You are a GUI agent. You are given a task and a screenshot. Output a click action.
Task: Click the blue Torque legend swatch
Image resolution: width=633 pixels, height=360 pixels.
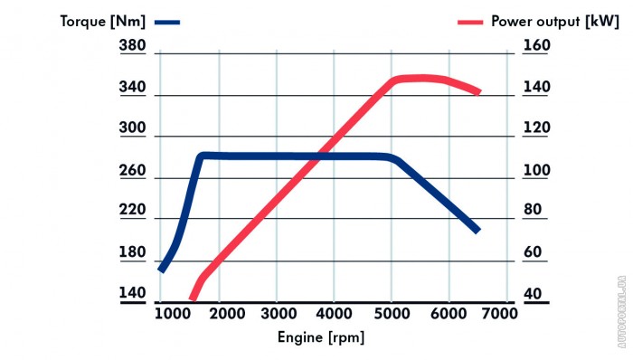pos(167,23)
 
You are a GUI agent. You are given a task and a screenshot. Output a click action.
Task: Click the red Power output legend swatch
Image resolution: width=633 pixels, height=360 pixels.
pos(470,23)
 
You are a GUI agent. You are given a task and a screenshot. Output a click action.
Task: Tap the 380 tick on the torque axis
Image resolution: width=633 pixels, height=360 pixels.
pos(132,45)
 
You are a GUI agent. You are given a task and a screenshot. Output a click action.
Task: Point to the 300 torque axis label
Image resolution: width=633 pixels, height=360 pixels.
pos(132,128)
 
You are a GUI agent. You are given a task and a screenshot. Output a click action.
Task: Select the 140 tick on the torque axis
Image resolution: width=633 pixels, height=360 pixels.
pos(132,292)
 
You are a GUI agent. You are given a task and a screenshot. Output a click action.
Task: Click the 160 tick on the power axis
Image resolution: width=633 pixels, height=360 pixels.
pos(536,45)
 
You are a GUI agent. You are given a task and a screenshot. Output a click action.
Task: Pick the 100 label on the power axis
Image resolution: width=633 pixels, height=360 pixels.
pos(536,170)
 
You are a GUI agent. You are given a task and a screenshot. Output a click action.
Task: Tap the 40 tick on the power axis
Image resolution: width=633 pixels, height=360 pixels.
pos(533,293)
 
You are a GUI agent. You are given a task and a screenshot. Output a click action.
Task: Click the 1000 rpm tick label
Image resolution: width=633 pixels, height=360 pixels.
pos(173,314)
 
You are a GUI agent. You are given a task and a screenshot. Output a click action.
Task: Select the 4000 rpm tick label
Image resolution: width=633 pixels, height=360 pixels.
pos(334,314)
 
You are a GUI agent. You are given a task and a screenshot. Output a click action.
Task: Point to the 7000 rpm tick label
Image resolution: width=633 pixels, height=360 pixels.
pos(499,314)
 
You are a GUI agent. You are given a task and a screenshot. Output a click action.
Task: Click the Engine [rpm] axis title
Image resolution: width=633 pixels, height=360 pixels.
pos(321,337)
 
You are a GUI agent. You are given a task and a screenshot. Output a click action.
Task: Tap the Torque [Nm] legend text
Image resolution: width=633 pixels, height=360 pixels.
pos(102,22)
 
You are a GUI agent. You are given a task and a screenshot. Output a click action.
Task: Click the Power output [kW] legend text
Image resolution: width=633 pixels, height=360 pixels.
pos(554,22)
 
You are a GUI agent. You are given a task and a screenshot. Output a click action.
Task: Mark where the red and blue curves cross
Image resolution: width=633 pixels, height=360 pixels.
pos(316,156)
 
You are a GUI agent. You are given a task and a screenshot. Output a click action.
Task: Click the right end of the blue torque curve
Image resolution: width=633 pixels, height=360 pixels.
pos(478,231)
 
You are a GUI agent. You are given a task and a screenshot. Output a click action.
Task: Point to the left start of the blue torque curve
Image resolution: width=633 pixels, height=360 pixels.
pos(161,270)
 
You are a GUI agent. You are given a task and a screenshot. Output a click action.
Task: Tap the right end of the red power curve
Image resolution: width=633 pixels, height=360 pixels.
pos(478,92)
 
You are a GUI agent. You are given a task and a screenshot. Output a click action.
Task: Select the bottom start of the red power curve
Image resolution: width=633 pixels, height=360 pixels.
pos(193,299)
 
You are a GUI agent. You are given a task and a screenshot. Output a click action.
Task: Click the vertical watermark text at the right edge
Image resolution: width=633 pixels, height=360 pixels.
pos(622,312)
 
